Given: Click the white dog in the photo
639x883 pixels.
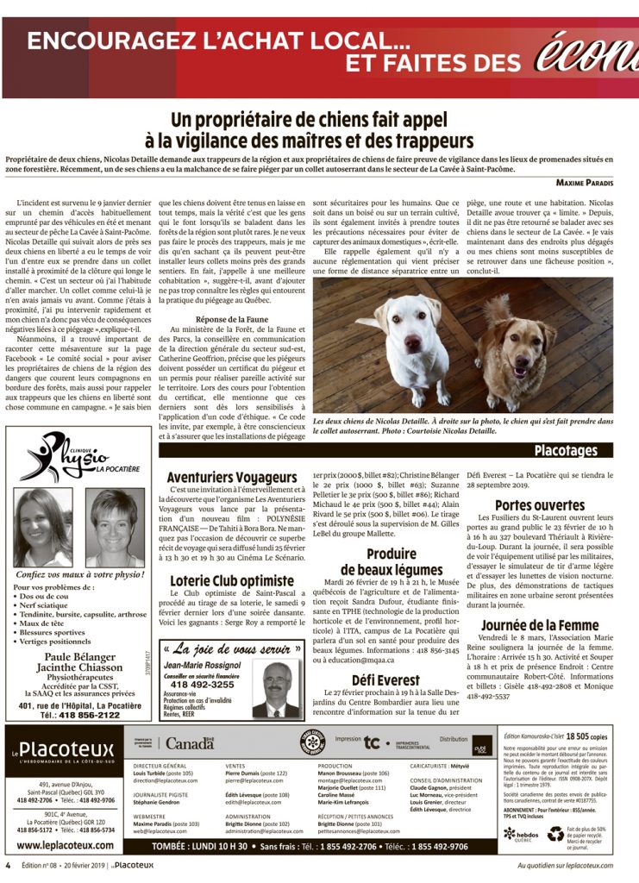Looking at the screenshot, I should (414, 343).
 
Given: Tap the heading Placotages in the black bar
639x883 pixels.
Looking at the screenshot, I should (565, 450).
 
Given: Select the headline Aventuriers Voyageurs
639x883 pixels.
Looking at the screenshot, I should (231, 477).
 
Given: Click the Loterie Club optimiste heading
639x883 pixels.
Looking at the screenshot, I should (231, 580).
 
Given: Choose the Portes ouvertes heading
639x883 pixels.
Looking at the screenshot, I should (539, 505).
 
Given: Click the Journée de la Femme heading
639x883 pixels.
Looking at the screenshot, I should (539, 648).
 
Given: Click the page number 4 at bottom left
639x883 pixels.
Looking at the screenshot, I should (7, 865).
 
